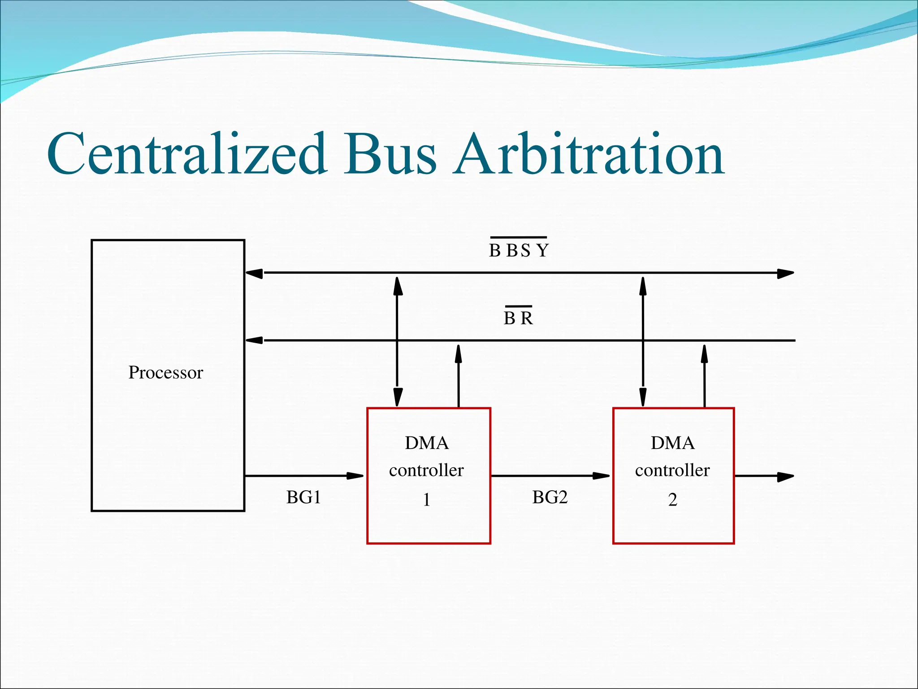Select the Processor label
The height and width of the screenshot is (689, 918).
165,372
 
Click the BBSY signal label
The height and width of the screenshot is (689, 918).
519,250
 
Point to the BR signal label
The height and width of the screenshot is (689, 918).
518,318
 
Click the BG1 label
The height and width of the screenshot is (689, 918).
303,497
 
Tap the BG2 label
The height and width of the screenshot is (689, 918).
550,497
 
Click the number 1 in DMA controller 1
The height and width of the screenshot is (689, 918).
426,500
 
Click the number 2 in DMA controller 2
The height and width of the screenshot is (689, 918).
672,500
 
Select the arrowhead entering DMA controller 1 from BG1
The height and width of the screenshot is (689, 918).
356,476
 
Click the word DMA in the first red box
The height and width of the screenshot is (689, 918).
426,443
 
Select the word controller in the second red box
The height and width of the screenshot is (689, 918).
672,470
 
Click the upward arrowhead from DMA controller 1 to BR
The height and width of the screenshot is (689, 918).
458,353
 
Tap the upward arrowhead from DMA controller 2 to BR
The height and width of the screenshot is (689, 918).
704,353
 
